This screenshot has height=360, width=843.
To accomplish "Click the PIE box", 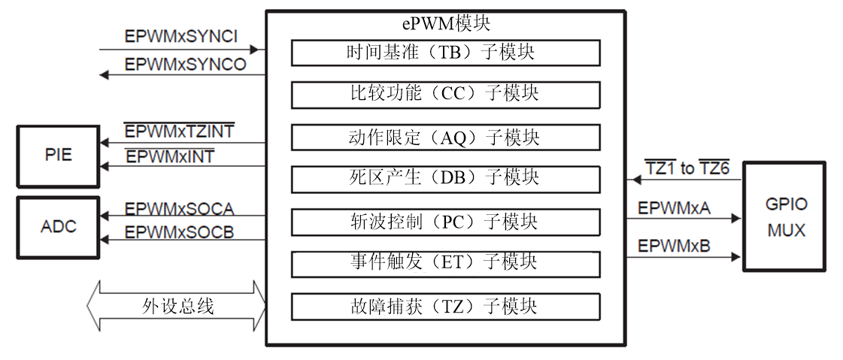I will coord(58,156).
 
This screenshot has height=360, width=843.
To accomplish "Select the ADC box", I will coord(58,226).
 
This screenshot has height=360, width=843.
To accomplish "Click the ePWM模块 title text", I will coord(445,23).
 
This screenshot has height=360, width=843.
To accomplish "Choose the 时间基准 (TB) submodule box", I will coord(445,53).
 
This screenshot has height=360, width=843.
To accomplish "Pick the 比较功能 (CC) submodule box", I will coord(445,95).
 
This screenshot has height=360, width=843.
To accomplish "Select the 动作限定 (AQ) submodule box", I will coord(445,138).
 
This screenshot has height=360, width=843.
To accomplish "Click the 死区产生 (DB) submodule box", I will coord(445,179).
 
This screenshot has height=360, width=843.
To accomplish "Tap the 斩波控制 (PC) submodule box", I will coord(445,222).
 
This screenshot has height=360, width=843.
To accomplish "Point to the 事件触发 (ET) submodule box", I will coord(445,263).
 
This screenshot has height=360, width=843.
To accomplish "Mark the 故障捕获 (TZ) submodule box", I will coord(445,307).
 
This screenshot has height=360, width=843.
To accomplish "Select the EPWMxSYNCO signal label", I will coord(185,65).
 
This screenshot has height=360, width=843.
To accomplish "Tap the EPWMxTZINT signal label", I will coord(179,132).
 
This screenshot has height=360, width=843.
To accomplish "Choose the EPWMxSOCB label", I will coord(179,233).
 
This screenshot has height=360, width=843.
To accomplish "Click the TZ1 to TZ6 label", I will coord(687,168).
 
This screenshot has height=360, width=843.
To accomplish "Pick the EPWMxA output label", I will coord(673,208).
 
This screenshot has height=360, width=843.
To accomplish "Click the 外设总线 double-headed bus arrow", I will coord(177,306).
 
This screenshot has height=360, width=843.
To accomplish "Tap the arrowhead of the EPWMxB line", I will coord(736,257).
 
